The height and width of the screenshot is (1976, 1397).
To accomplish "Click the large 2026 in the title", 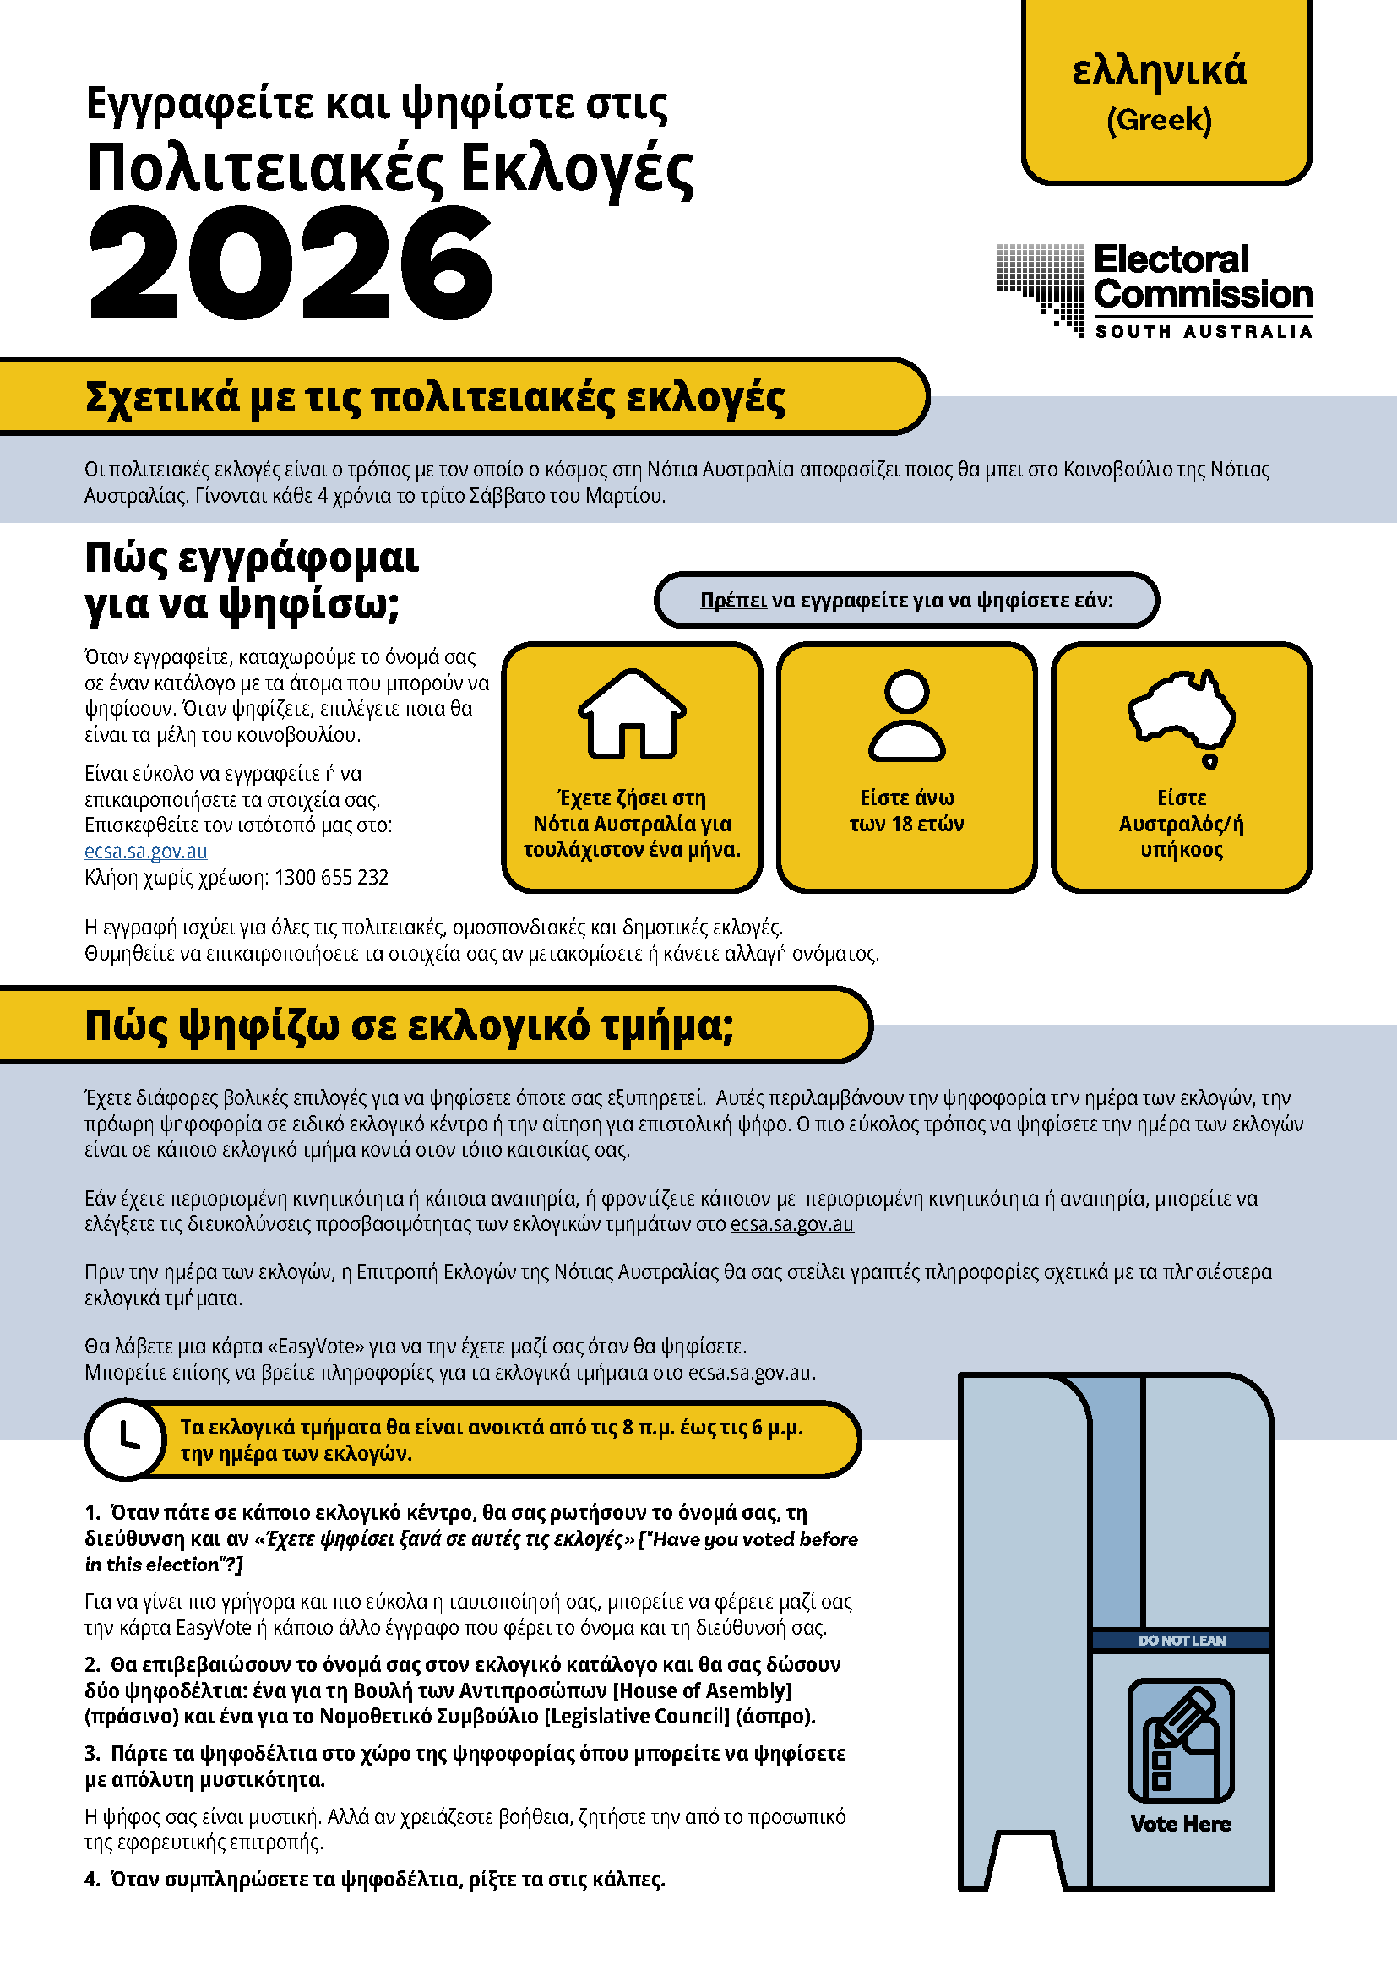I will pyautogui.click(x=291, y=265).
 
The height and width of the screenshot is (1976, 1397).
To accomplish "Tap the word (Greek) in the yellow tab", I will pyautogui.click(x=1159, y=121).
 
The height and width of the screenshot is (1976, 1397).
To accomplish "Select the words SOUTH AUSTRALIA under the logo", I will pyautogui.click(x=1203, y=332).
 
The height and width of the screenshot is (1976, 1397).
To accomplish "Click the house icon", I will pyautogui.click(x=632, y=714).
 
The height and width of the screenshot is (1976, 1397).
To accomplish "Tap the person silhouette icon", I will pyautogui.click(x=906, y=716).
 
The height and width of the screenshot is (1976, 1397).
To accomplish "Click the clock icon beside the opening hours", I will pyautogui.click(x=126, y=1439).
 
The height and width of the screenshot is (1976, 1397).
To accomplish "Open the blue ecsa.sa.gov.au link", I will pyautogui.click(x=145, y=852).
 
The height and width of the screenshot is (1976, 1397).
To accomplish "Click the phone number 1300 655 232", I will pyautogui.click(x=331, y=877).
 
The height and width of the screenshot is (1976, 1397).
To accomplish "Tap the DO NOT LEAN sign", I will pyautogui.click(x=1181, y=1641).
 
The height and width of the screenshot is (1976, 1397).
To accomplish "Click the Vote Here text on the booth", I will pyautogui.click(x=1180, y=1824).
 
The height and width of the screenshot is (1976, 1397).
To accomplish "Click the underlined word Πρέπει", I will pyautogui.click(x=733, y=600).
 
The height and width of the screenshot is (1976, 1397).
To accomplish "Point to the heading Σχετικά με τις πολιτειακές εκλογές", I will pyautogui.click(x=434, y=398).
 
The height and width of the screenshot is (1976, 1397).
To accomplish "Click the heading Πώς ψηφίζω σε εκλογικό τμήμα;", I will pyautogui.click(x=409, y=1026).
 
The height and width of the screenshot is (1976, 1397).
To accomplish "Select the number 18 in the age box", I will pyautogui.click(x=901, y=824).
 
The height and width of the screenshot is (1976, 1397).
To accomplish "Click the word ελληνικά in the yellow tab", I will pyautogui.click(x=1159, y=71).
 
